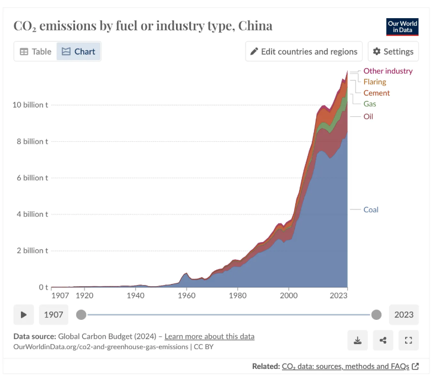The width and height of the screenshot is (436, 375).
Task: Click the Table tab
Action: click(35, 51)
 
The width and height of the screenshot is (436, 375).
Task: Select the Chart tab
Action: click(79, 51)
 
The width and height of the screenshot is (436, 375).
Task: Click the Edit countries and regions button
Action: click(304, 51)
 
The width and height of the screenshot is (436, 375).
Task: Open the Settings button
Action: click(393, 51)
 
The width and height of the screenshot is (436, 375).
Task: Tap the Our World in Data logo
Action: click(402, 26)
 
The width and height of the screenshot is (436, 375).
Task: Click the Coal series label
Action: click(371, 210)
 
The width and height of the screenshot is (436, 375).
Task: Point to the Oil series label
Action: click(368, 116)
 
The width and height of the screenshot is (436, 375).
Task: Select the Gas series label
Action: click(370, 104)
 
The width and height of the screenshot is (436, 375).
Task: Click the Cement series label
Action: click(376, 93)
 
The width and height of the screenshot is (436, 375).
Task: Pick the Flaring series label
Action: click(375, 82)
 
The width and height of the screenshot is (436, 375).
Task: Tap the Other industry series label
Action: click(387, 71)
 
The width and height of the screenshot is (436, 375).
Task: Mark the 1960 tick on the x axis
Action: click(187, 295)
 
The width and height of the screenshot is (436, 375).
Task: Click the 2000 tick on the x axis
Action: click(289, 295)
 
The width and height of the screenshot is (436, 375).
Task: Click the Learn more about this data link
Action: click(209, 336)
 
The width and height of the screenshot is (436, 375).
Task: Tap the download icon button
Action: click(357, 340)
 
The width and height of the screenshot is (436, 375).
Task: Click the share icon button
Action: click(383, 340)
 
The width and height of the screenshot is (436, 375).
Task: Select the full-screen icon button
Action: click(408, 340)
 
